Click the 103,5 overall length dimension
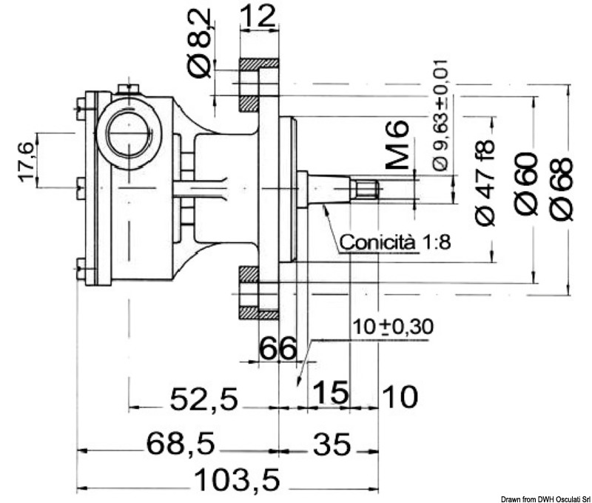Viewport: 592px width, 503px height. pos(238,482)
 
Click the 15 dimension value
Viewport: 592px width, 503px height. pos(329,393)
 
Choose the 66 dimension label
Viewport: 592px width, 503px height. pos(277,347)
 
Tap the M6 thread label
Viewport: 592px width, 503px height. pos(397,147)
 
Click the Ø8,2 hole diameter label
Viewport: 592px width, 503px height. pos(199,42)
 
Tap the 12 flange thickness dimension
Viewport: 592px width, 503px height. pos(259,14)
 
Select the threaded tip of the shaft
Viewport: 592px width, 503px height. pos(366,189)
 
